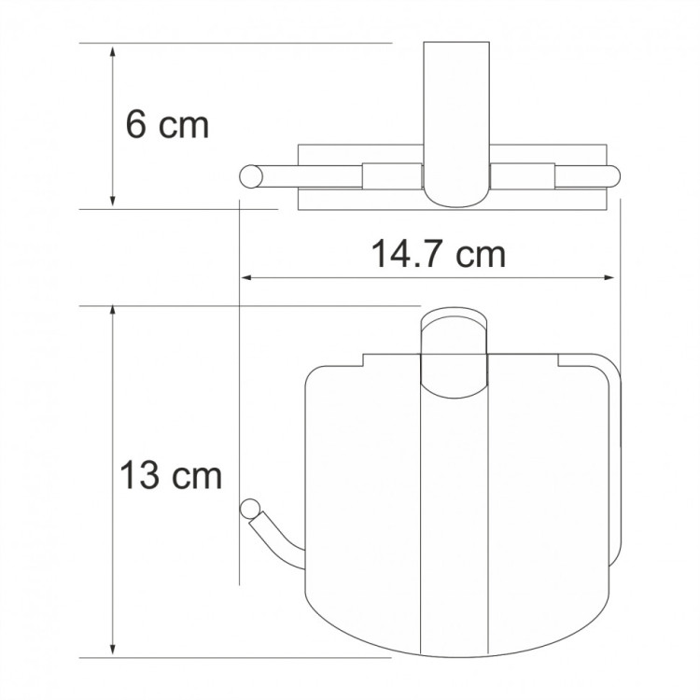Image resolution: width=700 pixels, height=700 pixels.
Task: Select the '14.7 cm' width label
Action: pos(440,253)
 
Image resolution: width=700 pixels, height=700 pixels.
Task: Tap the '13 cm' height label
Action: pos(171,476)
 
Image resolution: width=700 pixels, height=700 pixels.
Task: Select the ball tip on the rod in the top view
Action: pos(249,175)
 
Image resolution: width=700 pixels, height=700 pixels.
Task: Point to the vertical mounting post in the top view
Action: pos(457,112)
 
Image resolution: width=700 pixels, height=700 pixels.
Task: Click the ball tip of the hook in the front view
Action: pos(249,509)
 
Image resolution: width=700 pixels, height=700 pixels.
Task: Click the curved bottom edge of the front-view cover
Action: pos(457,645)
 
